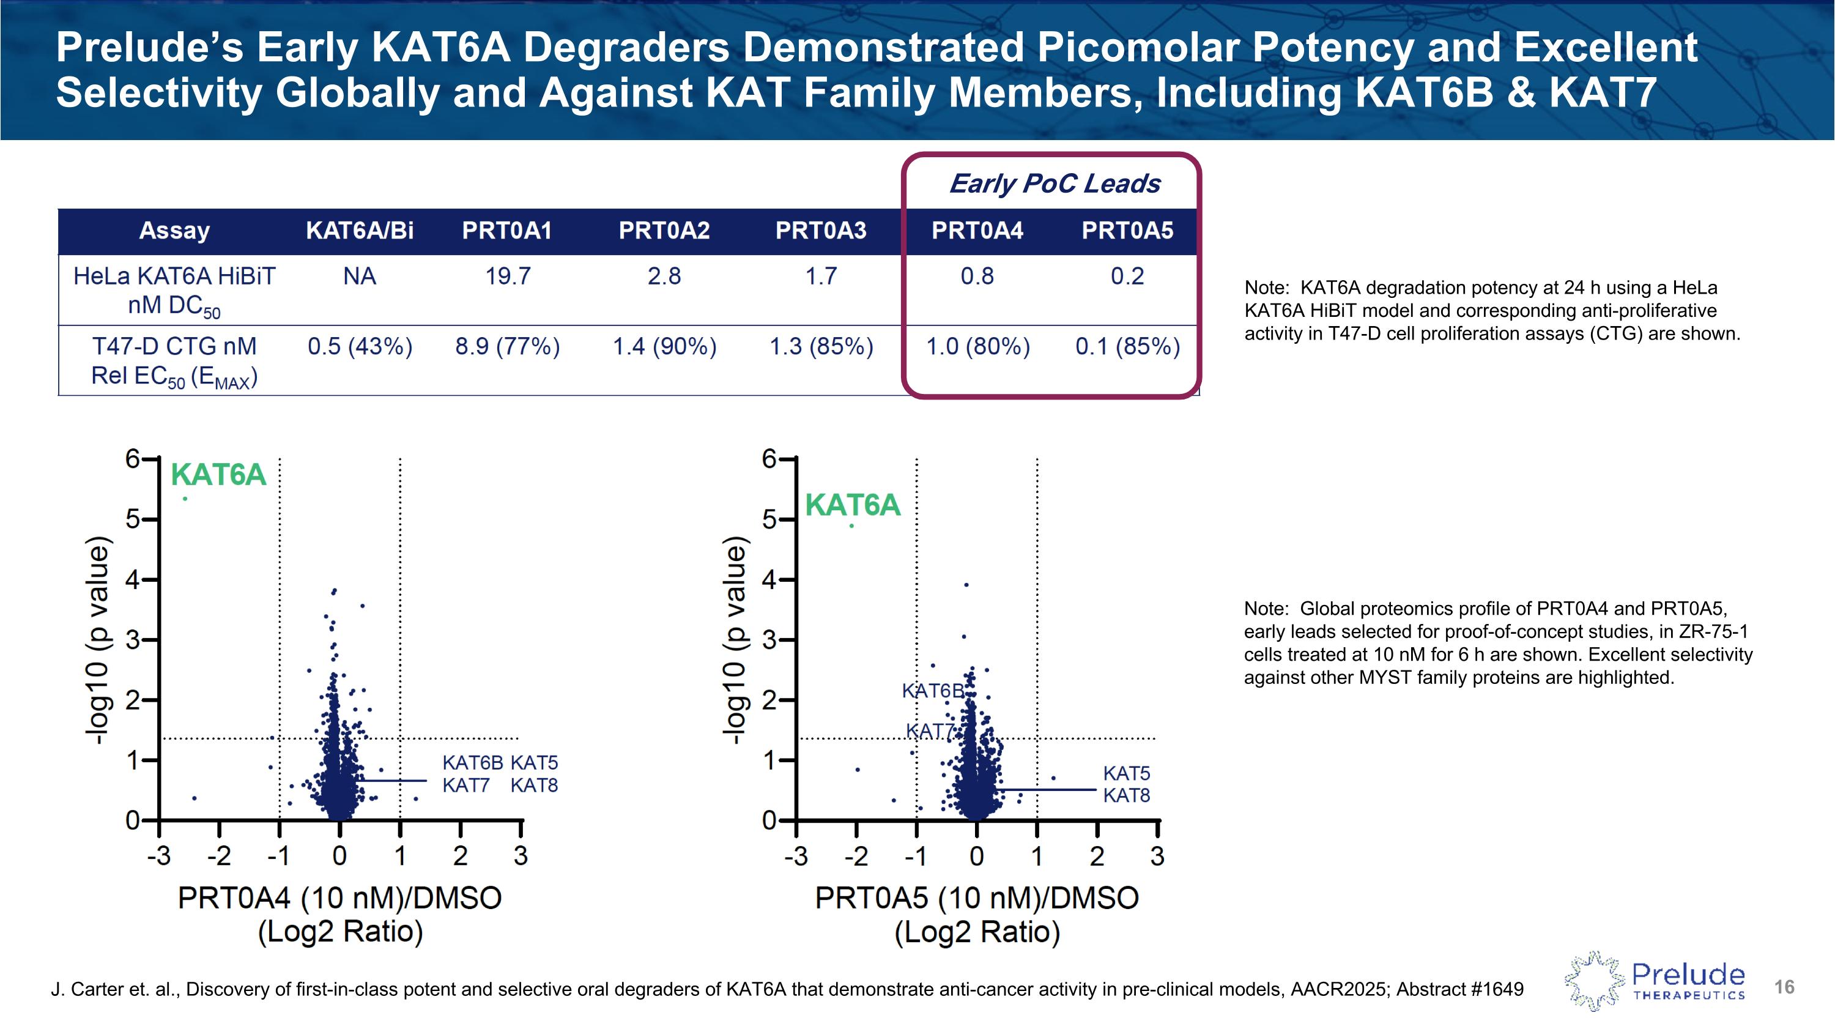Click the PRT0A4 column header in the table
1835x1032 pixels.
(x=977, y=231)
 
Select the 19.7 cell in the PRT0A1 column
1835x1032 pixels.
(x=507, y=277)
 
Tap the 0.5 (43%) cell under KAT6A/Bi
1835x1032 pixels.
(x=360, y=347)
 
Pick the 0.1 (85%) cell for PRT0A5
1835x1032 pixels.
(x=1127, y=347)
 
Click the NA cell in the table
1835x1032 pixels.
(x=359, y=277)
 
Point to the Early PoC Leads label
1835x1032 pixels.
(x=1055, y=184)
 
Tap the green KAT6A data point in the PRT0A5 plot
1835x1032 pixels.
(x=851, y=525)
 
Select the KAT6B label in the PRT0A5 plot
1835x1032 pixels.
(x=932, y=691)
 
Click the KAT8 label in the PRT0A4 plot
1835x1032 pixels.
(x=533, y=785)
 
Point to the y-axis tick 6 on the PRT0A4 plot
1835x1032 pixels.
(x=133, y=459)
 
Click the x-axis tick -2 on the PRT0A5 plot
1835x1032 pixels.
(x=856, y=855)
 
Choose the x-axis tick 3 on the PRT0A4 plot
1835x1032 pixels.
(x=521, y=855)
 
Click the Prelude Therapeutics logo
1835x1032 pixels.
(x=1654, y=981)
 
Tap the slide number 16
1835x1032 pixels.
(x=1784, y=987)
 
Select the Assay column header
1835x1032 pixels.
(x=174, y=231)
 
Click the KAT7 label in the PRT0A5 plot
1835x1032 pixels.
(x=929, y=732)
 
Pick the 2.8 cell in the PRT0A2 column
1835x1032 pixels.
(x=664, y=277)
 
